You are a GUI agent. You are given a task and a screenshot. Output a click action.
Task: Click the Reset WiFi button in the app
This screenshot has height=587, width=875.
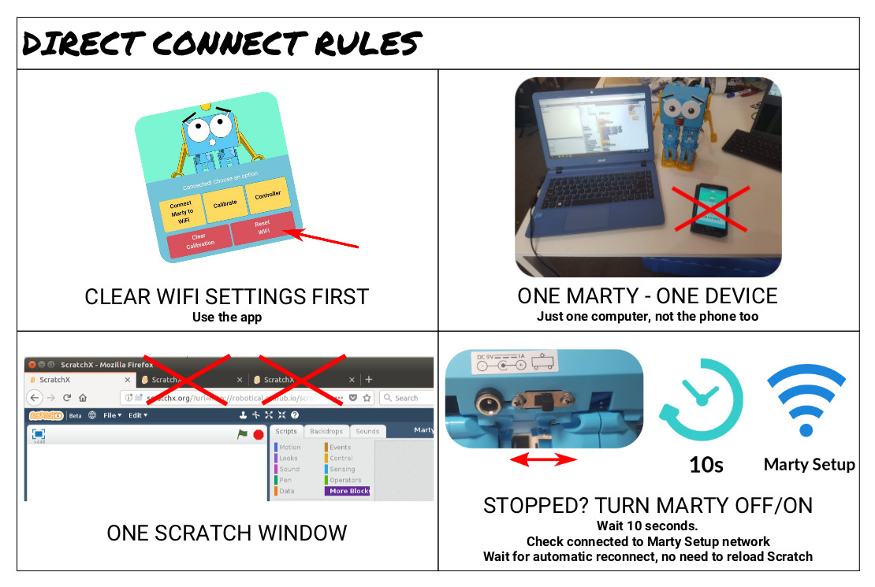click(x=262, y=228)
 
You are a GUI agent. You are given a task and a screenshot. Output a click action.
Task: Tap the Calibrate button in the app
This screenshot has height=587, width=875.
click(x=225, y=203)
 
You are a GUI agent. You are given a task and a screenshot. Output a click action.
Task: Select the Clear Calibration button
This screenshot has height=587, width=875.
click(x=199, y=240)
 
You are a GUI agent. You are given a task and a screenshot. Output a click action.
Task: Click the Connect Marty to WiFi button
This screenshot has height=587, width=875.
click(x=181, y=210)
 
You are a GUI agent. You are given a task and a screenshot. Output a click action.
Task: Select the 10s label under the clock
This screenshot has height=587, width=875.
click(x=706, y=465)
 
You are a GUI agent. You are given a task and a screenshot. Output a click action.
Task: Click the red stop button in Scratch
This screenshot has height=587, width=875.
click(x=258, y=434)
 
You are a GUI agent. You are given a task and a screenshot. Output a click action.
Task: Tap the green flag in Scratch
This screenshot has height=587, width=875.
click(x=242, y=434)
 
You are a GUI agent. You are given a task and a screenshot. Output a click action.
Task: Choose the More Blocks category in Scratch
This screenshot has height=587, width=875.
click(x=349, y=491)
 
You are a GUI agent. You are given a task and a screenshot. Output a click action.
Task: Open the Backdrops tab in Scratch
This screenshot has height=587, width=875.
click(x=326, y=432)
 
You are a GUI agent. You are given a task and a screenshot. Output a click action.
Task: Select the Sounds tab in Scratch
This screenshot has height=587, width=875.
click(x=367, y=432)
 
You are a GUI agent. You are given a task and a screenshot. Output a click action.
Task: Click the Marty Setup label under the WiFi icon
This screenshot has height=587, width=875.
click(x=809, y=464)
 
